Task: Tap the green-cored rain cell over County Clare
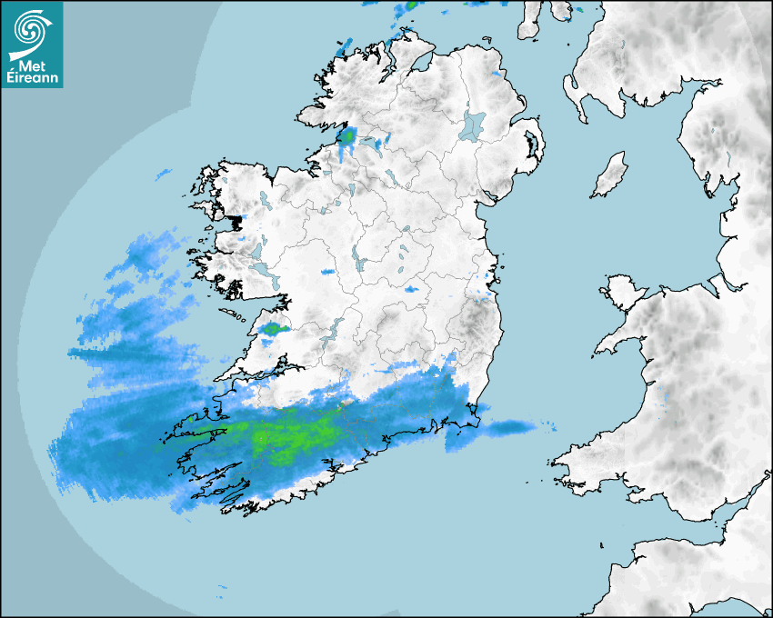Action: tap(272, 328)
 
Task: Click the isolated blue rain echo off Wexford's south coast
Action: tap(509, 426)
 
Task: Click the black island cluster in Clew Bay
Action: tap(237, 221)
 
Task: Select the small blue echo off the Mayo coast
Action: tap(163, 173)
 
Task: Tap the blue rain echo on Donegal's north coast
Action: tap(343, 47)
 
